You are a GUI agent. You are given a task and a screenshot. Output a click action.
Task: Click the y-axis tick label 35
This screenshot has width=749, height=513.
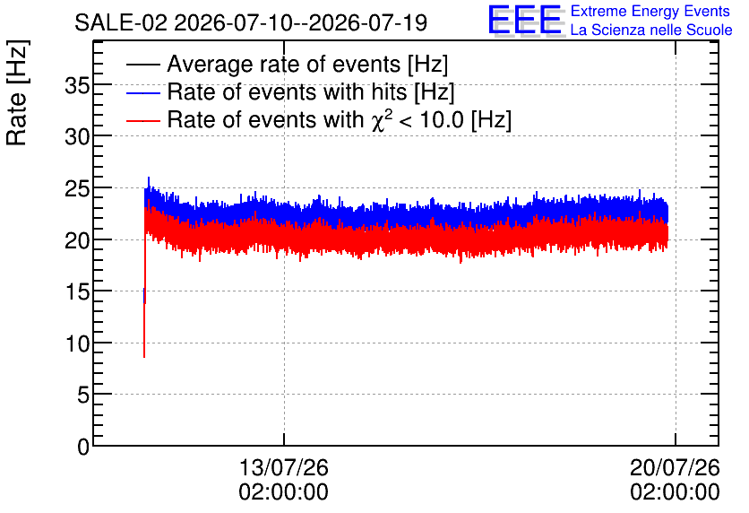pos(76,86)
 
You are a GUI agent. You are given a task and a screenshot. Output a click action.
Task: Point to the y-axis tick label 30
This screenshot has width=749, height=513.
pos(76,137)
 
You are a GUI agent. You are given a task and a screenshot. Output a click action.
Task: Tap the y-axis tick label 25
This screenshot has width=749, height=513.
pos(76,189)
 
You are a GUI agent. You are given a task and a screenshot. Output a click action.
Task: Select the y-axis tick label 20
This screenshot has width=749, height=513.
pos(76,240)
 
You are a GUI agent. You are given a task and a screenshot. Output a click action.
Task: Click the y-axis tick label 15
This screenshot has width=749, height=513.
pos(76,292)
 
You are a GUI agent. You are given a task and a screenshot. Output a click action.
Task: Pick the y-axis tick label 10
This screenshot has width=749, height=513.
pos(76,343)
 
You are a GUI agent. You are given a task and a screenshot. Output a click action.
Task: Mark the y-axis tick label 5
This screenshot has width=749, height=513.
pos(83,396)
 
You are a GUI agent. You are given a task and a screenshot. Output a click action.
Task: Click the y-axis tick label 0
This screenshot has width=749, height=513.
pos(83,447)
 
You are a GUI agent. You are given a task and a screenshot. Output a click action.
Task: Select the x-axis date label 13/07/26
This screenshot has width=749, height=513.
pos(284,467)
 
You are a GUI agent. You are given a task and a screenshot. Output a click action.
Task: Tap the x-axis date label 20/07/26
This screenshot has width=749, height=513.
pos(675,467)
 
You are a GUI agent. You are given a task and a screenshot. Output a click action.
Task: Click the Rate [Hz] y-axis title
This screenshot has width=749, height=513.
pos(17,92)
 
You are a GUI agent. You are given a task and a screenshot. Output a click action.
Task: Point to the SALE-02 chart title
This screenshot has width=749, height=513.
pos(251,22)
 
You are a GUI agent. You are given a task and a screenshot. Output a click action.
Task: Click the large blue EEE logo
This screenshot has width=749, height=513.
pos(526,20)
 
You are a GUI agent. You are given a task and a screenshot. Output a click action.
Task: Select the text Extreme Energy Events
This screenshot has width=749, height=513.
pos(650,11)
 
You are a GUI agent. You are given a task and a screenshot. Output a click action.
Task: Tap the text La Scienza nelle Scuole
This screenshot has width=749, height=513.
pos(651,30)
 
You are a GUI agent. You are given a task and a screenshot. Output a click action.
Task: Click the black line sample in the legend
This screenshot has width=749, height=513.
pos(142,65)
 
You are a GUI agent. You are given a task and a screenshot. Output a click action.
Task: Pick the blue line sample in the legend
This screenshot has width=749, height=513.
pos(142,92)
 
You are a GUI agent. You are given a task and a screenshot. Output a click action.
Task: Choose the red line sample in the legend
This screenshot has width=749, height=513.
pos(142,120)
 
